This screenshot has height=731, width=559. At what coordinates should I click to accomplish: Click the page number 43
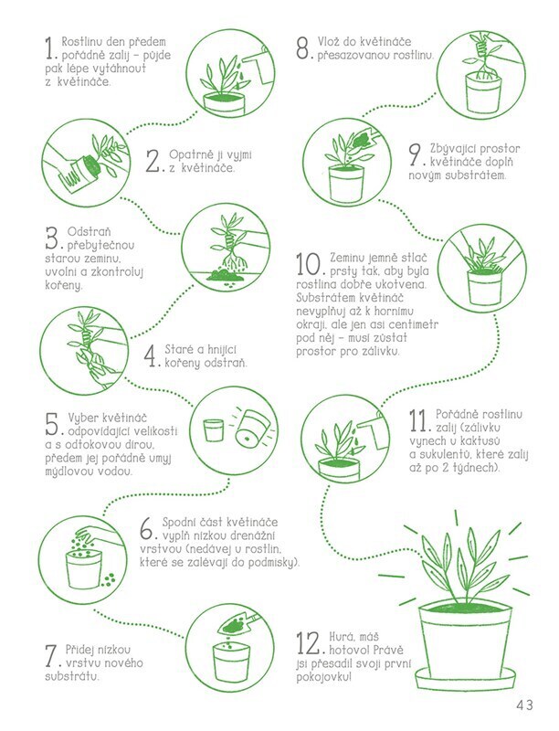[x=524, y=705]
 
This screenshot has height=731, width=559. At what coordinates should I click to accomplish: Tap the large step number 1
[x=50, y=48]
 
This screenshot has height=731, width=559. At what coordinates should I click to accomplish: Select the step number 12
[x=309, y=643]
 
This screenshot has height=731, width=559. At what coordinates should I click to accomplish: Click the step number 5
[x=52, y=424]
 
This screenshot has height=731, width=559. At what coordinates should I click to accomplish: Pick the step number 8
[x=303, y=48]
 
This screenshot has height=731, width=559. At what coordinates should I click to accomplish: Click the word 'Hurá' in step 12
[x=342, y=637]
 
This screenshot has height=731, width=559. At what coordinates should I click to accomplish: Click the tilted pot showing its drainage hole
[x=248, y=429]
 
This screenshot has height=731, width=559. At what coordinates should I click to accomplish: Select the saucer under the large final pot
[x=466, y=677]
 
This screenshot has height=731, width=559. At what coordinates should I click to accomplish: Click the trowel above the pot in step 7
[x=239, y=622]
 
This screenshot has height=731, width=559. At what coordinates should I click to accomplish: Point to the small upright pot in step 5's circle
[x=214, y=429]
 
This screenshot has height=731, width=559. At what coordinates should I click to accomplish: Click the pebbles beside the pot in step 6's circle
[x=109, y=580]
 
